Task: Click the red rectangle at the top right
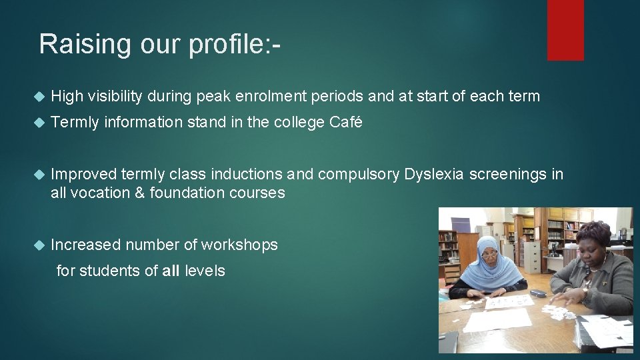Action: pos(565,30)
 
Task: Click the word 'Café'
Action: pos(346,123)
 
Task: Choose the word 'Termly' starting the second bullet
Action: pos(75,123)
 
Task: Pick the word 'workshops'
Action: pos(239,245)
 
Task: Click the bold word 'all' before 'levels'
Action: pos(171,271)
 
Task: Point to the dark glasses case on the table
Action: pos(537,293)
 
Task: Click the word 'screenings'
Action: pos(509,175)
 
